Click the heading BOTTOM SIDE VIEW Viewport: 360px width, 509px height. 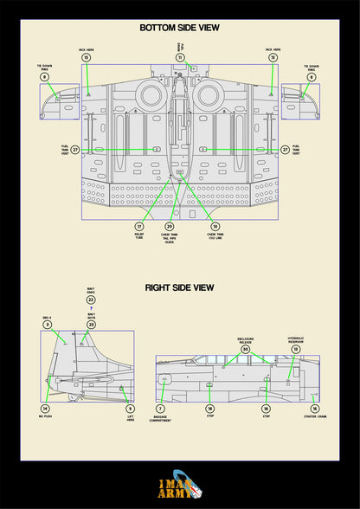coord(180,28)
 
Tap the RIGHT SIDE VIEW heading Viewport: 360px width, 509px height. coord(180,287)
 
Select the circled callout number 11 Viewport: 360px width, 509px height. coord(180,57)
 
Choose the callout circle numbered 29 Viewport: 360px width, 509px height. coord(170,226)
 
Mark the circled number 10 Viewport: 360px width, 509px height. coord(215,226)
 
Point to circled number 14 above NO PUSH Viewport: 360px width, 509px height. coord(45,409)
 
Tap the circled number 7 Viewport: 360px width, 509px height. coord(160,409)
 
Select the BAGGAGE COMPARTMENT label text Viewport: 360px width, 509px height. coord(160,419)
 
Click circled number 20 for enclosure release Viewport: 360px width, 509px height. coord(245,349)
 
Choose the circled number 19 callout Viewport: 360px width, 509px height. coord(295,349)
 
